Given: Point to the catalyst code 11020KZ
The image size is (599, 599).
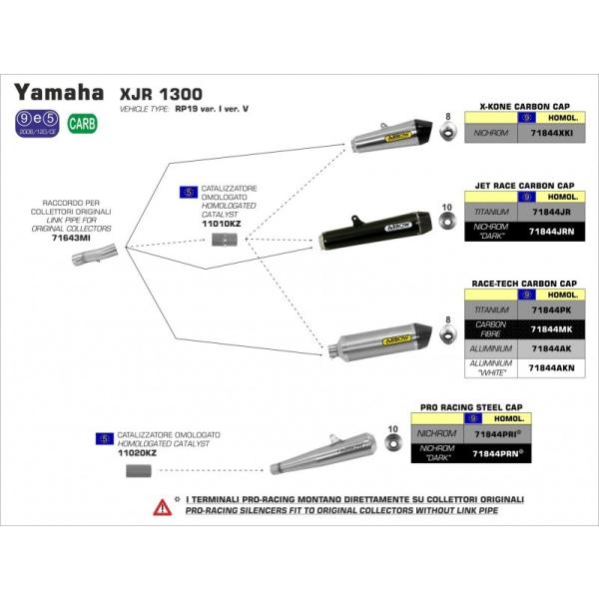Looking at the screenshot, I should (x=137, y=452).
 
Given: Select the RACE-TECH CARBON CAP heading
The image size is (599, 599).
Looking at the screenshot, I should (x=524, y=284).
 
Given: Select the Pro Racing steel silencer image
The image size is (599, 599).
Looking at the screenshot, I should (x=324, y=453).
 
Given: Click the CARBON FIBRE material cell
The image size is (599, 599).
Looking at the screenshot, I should (x=495, y=329).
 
